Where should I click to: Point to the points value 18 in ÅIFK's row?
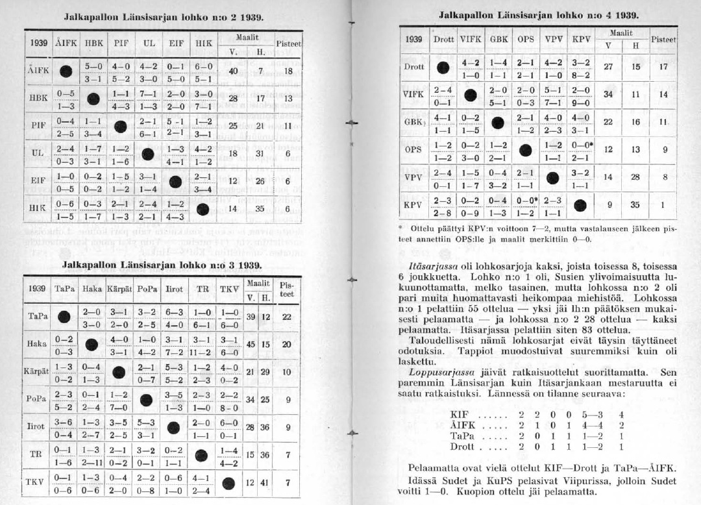(x=289, y=70)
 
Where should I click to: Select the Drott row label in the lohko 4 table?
(x=413, y=66)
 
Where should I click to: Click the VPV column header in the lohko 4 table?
(x=553, y=38)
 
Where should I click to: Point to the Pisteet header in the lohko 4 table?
(x=663, y=39)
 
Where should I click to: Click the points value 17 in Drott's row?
(x=663, y=66)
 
